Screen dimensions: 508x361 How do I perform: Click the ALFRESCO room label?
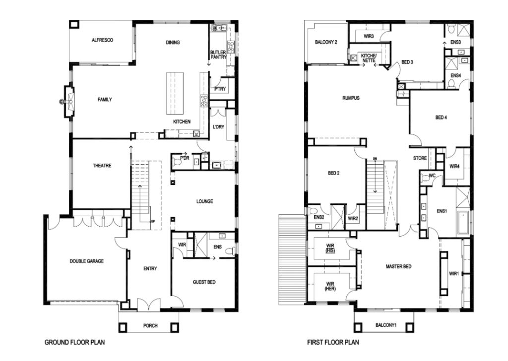click(x=102, y=40)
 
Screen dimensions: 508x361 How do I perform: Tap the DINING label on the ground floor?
click(x=173, y=43)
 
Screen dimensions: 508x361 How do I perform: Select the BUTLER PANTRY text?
click(x=218, y=55)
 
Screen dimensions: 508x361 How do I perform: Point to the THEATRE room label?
click(x=102, y=166)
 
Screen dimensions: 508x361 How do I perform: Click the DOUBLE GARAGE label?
click(x=87, y=261)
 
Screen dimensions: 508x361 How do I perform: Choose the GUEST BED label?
click(x=204, y=282)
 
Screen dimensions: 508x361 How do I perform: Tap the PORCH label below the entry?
click(x=150, y=326)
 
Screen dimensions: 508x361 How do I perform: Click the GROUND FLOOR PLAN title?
click(x=74, y=342)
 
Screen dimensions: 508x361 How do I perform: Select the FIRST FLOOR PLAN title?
click(x=333, y=342)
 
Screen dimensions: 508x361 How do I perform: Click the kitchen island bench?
click(x=175, y=93)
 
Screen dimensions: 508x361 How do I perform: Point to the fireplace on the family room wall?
click(x=68, y=102)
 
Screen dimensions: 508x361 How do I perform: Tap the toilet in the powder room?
click(x=177, y=161)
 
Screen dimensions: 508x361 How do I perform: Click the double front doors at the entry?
click(x=149, y=305)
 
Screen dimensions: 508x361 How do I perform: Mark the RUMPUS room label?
click(x=351, y=98)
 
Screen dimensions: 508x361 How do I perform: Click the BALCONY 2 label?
click(x=326, y=42)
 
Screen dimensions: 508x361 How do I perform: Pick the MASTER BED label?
click(x=398, y=266)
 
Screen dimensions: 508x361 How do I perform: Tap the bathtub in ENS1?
click(x=464, y=223)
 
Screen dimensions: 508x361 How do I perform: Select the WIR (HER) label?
click(x=330, y=286)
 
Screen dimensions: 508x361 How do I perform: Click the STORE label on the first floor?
click(x=420, y=158)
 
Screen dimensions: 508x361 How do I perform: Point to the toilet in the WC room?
click(x=425, y=178)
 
